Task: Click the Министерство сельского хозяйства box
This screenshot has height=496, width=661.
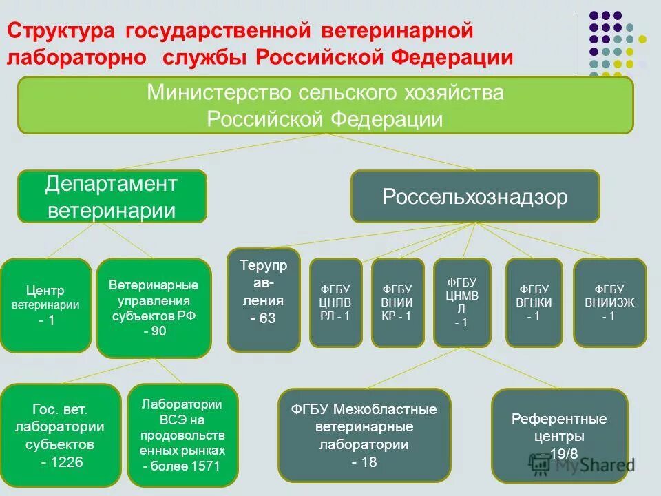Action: coord(325,105)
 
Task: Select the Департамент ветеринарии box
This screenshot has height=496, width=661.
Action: coord(112,196)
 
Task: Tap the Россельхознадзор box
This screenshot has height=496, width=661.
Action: coord(475,197)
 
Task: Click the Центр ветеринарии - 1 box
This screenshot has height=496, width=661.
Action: coord(45,305)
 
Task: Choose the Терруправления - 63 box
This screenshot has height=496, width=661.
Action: coord(263,300)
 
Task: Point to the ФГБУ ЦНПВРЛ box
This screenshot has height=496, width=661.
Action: coord(335,302)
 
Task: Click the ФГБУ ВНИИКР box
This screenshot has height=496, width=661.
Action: coord(397,302)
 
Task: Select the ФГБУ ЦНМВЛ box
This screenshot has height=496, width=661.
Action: coord(462,302)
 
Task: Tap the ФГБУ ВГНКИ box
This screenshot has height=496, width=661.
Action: coord(534,302)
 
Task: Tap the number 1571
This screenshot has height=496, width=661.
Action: coord(205,466)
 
